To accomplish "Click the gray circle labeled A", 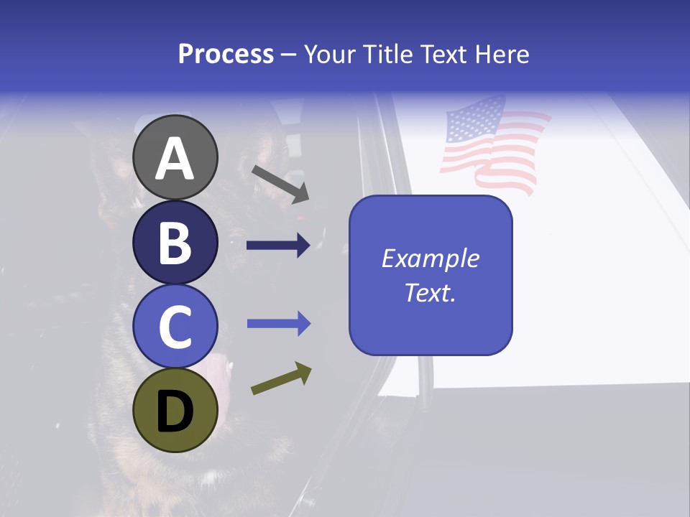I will (175, 157).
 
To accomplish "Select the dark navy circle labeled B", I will (175, 242).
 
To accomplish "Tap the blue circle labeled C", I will (175, 326).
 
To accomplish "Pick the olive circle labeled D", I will (175, 410).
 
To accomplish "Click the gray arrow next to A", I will (280, 183).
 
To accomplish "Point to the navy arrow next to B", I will (278, 246).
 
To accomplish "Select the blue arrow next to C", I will (278, 324).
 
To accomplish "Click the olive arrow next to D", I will (281, 379).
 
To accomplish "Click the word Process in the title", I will (226, 54).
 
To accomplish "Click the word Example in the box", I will (431, 258).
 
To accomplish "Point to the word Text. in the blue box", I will (431, 292).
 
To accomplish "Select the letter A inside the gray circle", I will (175, 158).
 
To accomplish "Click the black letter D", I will (175, 411).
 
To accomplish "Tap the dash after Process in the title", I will (289, 55).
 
